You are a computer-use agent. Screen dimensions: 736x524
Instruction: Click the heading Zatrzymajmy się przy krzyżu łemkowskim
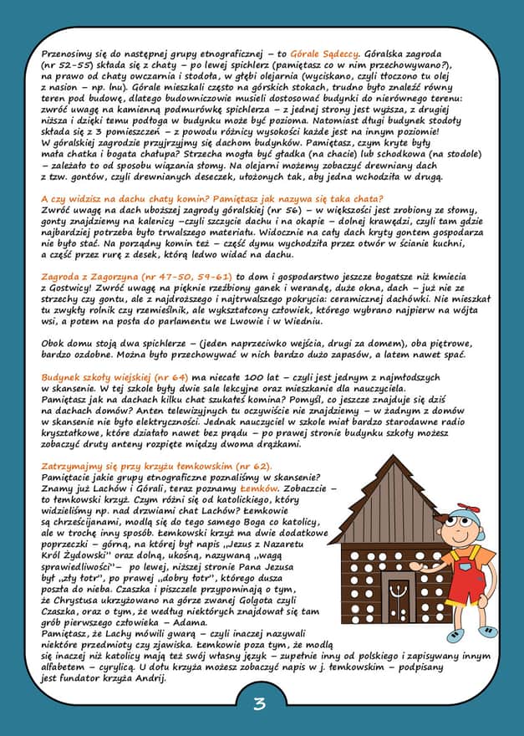pos(155,465)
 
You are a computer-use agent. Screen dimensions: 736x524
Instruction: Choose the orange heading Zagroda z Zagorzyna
pos(103,275)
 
